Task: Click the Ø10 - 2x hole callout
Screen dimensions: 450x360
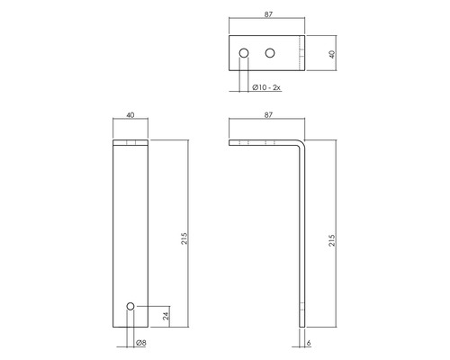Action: (266, 87)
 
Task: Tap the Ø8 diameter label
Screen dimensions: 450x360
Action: (140, 343)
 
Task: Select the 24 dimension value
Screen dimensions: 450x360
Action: (166, 316)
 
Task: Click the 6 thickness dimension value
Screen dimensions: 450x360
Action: (309, 343)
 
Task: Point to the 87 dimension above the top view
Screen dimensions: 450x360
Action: (268, 14)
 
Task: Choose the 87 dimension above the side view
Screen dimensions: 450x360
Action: (268, 115)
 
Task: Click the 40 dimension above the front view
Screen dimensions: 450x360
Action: (130, 115)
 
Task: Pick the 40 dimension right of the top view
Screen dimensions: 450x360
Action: (332, 54)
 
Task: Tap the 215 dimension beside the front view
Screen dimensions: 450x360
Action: (184, 238)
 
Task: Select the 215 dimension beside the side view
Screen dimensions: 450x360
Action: (331, 240)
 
